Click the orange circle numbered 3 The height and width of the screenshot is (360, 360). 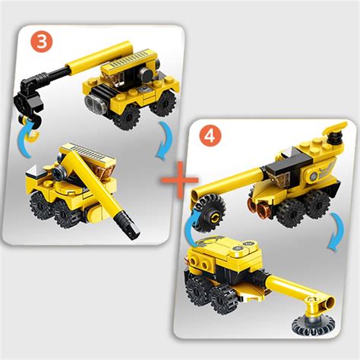[x=41, y=42]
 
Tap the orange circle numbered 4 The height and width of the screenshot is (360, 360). [x=210, y=137]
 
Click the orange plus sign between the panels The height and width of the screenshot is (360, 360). [x=180, y=180]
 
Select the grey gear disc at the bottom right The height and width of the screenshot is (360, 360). [x=314, y=325]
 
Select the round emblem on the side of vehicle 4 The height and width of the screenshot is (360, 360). [x=314, y=176]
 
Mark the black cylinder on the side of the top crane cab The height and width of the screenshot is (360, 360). [x=146, y=73]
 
